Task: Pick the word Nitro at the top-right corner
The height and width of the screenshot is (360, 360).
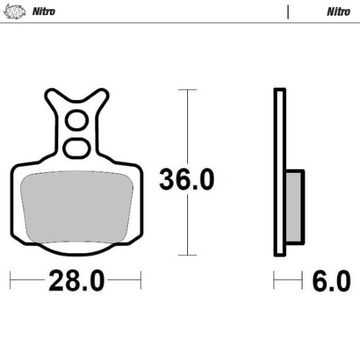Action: tap(338, 11)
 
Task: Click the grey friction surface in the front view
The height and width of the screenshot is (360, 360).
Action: tap(75, 206)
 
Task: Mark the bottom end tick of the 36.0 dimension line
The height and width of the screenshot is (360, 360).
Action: tap(188, 255)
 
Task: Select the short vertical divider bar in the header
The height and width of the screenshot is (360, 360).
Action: tap(287, 11)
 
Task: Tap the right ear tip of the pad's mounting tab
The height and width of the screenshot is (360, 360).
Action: tap(104, 93)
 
